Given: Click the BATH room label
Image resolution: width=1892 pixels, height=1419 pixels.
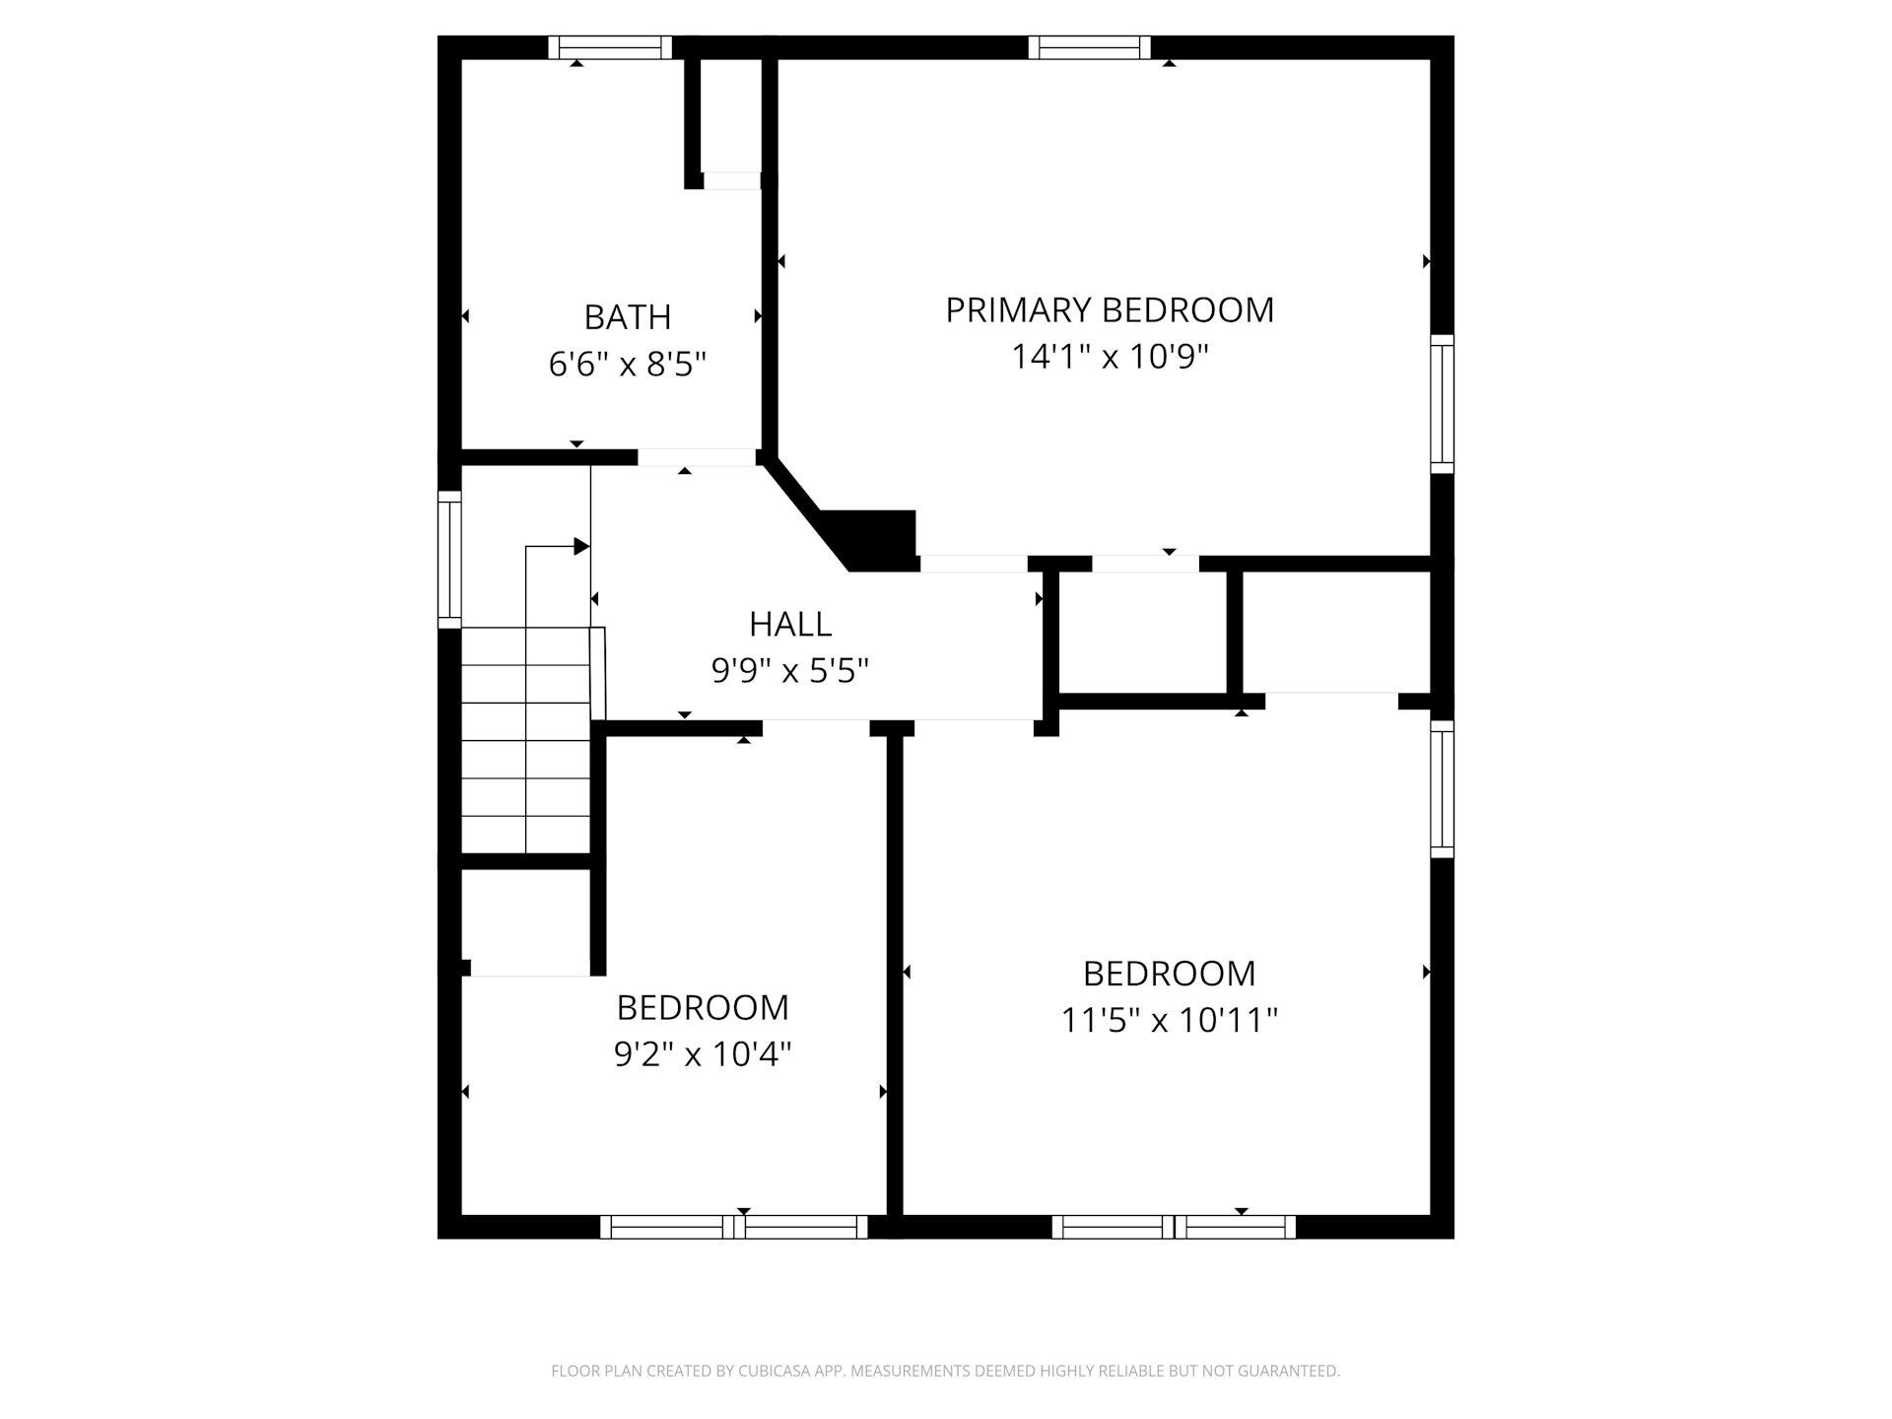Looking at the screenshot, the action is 628,317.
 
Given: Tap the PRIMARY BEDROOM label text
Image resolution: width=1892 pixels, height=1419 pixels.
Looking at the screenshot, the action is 1110,310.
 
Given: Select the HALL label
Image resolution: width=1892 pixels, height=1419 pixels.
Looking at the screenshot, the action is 790,624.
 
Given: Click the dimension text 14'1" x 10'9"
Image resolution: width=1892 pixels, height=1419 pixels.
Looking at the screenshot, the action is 1110,357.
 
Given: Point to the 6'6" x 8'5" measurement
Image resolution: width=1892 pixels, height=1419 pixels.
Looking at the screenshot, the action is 628,365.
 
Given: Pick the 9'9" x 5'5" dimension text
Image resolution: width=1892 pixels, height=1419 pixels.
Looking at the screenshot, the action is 790,671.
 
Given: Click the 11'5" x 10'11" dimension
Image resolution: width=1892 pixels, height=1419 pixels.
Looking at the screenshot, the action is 1169,1020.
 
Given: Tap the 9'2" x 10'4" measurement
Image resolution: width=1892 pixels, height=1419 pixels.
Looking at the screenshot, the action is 703,1054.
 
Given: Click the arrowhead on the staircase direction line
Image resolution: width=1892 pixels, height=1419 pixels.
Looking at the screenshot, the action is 581,547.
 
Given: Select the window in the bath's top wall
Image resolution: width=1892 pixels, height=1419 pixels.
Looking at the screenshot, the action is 610,47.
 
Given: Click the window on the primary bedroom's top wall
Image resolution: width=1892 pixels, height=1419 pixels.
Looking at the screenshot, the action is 1090,47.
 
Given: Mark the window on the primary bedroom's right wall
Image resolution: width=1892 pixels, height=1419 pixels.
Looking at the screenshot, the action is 1442,404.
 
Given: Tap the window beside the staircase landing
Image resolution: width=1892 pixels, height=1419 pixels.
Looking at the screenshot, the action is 449,559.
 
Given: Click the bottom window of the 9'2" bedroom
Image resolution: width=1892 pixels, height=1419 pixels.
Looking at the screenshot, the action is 734,1227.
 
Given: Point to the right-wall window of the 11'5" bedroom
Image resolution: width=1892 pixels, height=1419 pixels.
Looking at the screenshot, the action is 1442,789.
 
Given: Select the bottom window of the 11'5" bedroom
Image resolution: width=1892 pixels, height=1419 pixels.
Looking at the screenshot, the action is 1174,1227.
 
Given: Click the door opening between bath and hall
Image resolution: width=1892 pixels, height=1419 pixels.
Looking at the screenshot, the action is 697,457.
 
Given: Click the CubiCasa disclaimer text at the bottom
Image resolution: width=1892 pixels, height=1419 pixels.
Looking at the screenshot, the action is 946,1371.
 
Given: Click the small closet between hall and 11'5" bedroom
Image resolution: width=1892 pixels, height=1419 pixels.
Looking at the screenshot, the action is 1143,633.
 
